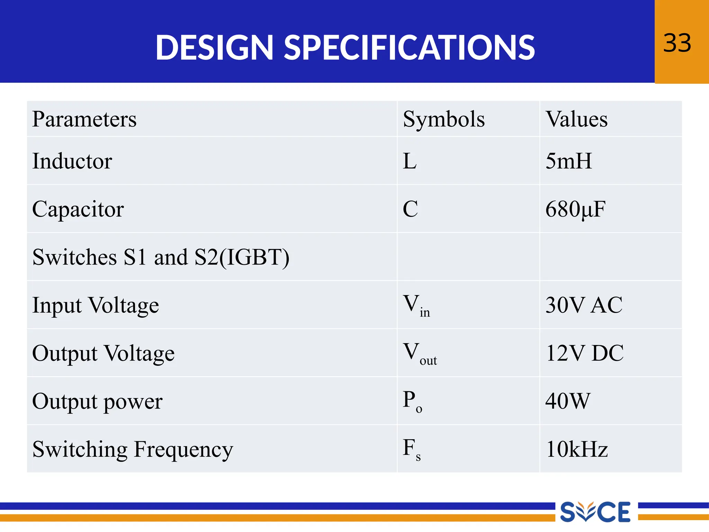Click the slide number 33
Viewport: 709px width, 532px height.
(677, 43)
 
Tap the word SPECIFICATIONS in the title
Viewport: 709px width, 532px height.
(409, 48)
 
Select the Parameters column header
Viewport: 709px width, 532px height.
(84, 119)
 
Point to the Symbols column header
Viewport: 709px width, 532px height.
(444, 119)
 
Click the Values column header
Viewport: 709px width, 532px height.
(576, 119)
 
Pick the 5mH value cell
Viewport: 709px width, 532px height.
(568, 161)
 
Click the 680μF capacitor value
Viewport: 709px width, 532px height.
(575, 209)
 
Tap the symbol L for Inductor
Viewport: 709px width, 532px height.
(410, 161)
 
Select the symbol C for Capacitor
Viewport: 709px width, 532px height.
(411, 209)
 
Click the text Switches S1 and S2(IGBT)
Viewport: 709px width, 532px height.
(161, 257)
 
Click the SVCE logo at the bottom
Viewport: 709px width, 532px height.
(595, 512)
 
